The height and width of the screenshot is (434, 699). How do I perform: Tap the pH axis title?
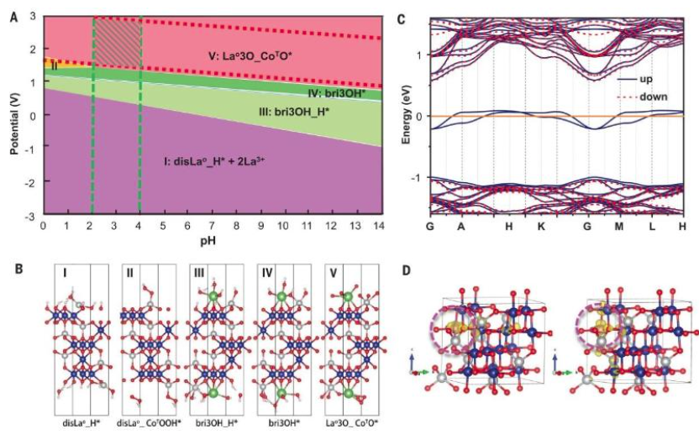211,240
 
